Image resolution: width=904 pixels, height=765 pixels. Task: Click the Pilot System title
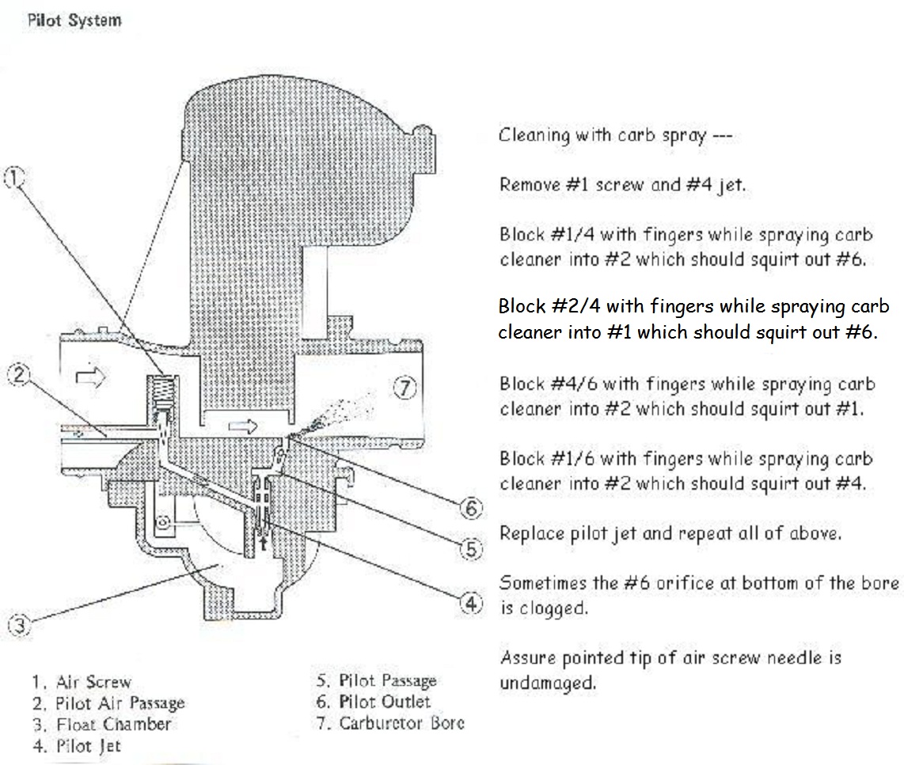pos(74,20)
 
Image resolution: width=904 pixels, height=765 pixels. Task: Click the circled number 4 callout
pos(471,604)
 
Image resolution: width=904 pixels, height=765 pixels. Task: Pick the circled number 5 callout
pos(471,547)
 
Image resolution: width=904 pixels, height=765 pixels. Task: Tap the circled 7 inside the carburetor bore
pos(405,388)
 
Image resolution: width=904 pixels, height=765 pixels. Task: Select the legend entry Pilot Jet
pos(78,745)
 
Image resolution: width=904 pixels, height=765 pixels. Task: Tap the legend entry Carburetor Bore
pos(391,722)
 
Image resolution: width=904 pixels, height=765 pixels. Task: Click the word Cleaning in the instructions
pos(534,135)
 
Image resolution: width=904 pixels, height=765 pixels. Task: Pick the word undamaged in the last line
pos(547,682)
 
